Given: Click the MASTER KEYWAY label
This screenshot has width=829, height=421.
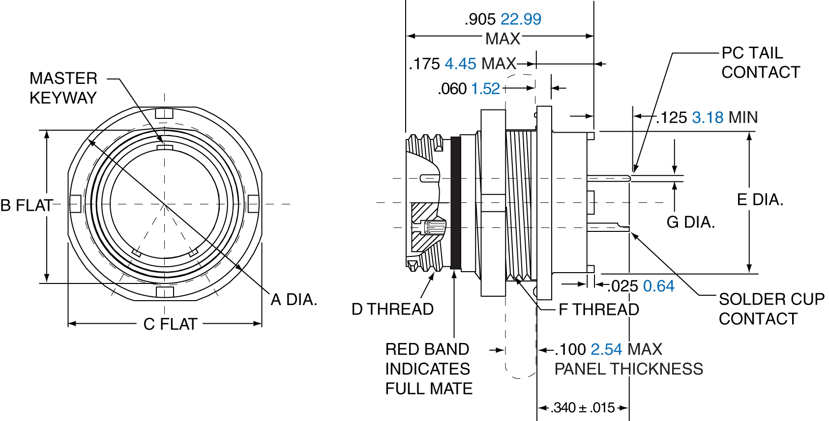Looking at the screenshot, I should coord(63,88).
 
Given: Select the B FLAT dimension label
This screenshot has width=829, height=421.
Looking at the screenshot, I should coord(27,205).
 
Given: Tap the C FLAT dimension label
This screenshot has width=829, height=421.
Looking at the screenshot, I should coord(170,324).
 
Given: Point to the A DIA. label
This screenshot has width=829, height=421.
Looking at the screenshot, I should coord(294,300).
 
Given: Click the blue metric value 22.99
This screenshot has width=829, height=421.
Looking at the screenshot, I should coord(521,19).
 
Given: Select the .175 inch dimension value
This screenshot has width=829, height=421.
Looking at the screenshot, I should coord(424,64).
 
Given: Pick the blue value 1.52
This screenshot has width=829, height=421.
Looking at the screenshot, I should coord(485,89).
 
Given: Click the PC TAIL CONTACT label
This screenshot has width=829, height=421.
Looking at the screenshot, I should coord(760,62).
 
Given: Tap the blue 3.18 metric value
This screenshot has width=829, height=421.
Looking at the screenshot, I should coord(708,118).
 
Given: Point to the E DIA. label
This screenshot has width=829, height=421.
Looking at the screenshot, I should coord(760,200).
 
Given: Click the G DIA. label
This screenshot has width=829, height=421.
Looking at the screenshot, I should coord(690,223).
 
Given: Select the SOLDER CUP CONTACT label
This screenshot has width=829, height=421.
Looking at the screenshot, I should coord(771,309).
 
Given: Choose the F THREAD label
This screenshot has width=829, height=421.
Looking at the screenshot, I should coord(598,309).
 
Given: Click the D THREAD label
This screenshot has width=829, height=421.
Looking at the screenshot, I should coord(392,309).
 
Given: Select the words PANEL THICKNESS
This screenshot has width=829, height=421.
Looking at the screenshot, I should coord(628,369).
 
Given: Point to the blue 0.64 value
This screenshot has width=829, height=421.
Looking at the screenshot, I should coord(658,286).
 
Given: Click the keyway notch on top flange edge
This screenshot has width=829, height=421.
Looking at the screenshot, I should coord(164,114).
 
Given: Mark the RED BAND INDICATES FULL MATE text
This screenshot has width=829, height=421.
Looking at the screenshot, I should coord(428,369).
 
